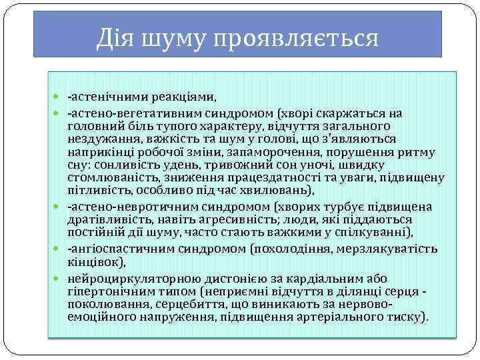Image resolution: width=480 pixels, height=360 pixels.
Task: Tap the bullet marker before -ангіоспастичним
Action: tap(61, 249)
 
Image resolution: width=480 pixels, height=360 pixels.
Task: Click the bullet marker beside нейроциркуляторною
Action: tap(61, 278)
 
